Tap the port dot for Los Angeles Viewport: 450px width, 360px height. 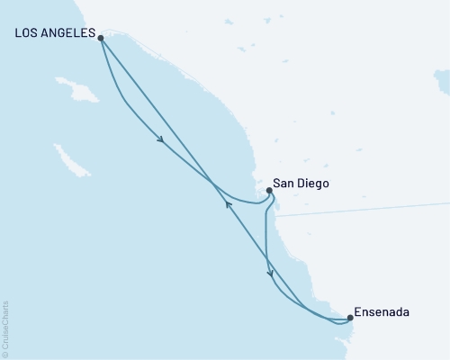click(100, 38)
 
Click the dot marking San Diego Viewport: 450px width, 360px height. click(270, 190)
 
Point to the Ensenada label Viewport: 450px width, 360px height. click(382, 312)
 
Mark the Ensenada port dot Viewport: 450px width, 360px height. click(350, 317)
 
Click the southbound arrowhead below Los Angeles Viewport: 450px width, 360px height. click(160, 139)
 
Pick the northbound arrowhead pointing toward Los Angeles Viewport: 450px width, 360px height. click(228, 204)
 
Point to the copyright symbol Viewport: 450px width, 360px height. click(5, 352)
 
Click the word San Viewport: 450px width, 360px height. click(283, 183)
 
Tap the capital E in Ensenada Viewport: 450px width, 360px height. click(358, 312)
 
